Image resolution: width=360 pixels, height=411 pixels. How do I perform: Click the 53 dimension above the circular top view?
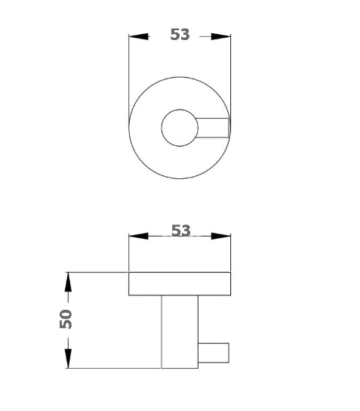pos(180,35)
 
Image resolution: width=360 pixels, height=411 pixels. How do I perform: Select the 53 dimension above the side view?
pos(180,230)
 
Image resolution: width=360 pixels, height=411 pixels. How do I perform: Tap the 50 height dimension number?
pos(66,318)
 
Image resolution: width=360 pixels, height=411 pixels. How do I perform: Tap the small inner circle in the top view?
pos(180,127)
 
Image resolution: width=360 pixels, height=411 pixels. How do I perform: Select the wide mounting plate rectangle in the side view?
pos(180,283)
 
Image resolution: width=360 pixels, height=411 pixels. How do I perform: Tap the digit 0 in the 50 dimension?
pos(66,312)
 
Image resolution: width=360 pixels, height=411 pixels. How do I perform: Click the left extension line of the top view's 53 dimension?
pos(129,76)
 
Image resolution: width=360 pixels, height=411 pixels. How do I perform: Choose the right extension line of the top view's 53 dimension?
pos(230,76)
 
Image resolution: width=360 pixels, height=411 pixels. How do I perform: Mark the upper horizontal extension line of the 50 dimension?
pos(98,272)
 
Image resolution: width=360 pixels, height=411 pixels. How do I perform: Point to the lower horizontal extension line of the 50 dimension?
pos(113,368)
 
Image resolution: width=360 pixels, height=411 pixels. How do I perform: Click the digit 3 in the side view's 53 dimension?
pos(186,230)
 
